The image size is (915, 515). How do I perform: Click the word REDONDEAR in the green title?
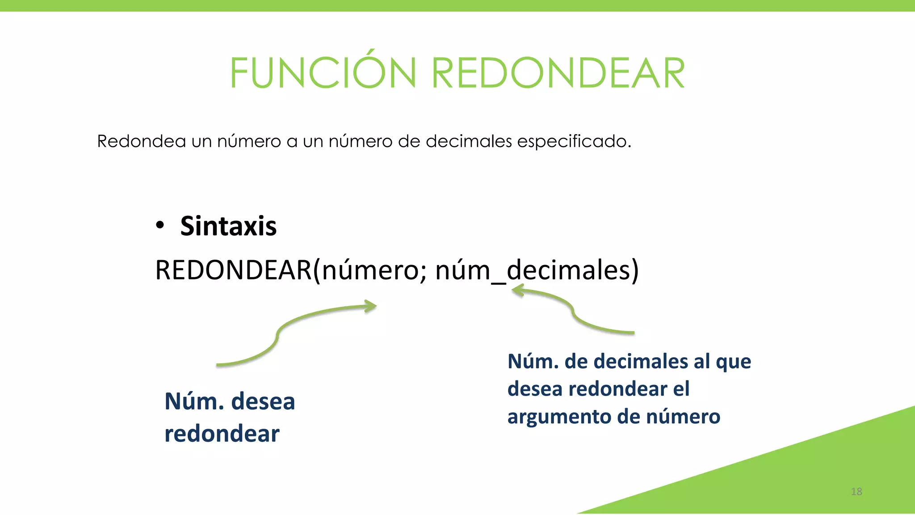pos(558,73)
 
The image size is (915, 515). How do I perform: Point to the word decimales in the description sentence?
pos(468,141)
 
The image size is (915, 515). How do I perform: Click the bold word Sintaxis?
pos(228,226)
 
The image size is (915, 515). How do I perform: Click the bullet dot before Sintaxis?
pos(160,225)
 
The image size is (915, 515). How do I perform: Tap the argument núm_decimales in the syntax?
pos(532,270)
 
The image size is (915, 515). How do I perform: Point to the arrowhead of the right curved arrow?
pos(517,291)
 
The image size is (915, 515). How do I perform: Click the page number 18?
pos(856,492)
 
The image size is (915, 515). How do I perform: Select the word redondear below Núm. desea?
pos(222,434)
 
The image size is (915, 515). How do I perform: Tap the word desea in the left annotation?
pos(263,401)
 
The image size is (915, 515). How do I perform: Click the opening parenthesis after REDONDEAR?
pos(317,271)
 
